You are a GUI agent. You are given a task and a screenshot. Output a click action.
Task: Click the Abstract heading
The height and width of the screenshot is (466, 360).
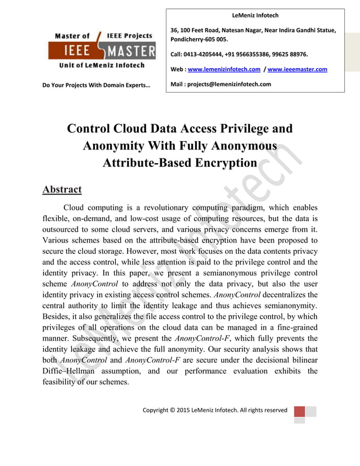[62, 190]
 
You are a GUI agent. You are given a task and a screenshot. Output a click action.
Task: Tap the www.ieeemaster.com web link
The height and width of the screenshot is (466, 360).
[297, 69]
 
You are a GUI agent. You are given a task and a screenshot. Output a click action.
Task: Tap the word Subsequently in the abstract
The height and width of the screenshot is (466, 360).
[71, 338]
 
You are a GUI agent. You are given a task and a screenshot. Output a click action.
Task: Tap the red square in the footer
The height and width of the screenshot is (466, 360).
[299, 411]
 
